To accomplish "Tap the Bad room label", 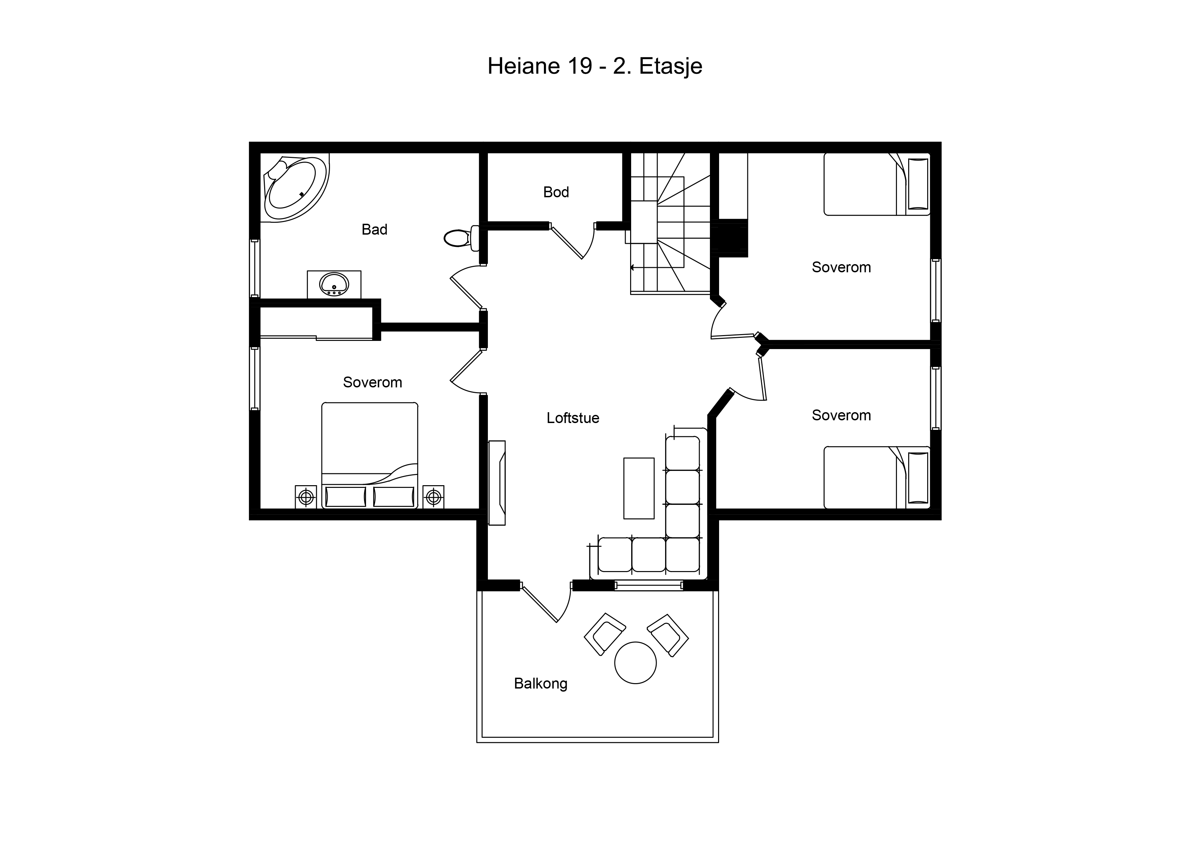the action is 374,229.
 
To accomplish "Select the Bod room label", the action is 556,192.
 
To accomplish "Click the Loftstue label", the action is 573,418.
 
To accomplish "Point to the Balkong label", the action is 540,683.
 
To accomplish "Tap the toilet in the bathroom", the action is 462,238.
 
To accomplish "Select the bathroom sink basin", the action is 334,284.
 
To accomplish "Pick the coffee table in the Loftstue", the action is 639,488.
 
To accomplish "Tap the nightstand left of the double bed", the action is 306,497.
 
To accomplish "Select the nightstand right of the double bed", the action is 434,497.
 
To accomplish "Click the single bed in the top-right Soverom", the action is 877,184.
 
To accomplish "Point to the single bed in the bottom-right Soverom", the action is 877,477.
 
